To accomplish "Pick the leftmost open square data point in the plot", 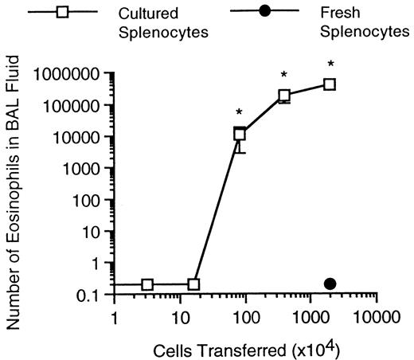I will pos(147,284).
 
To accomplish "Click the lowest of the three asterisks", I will pos(240,112).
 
